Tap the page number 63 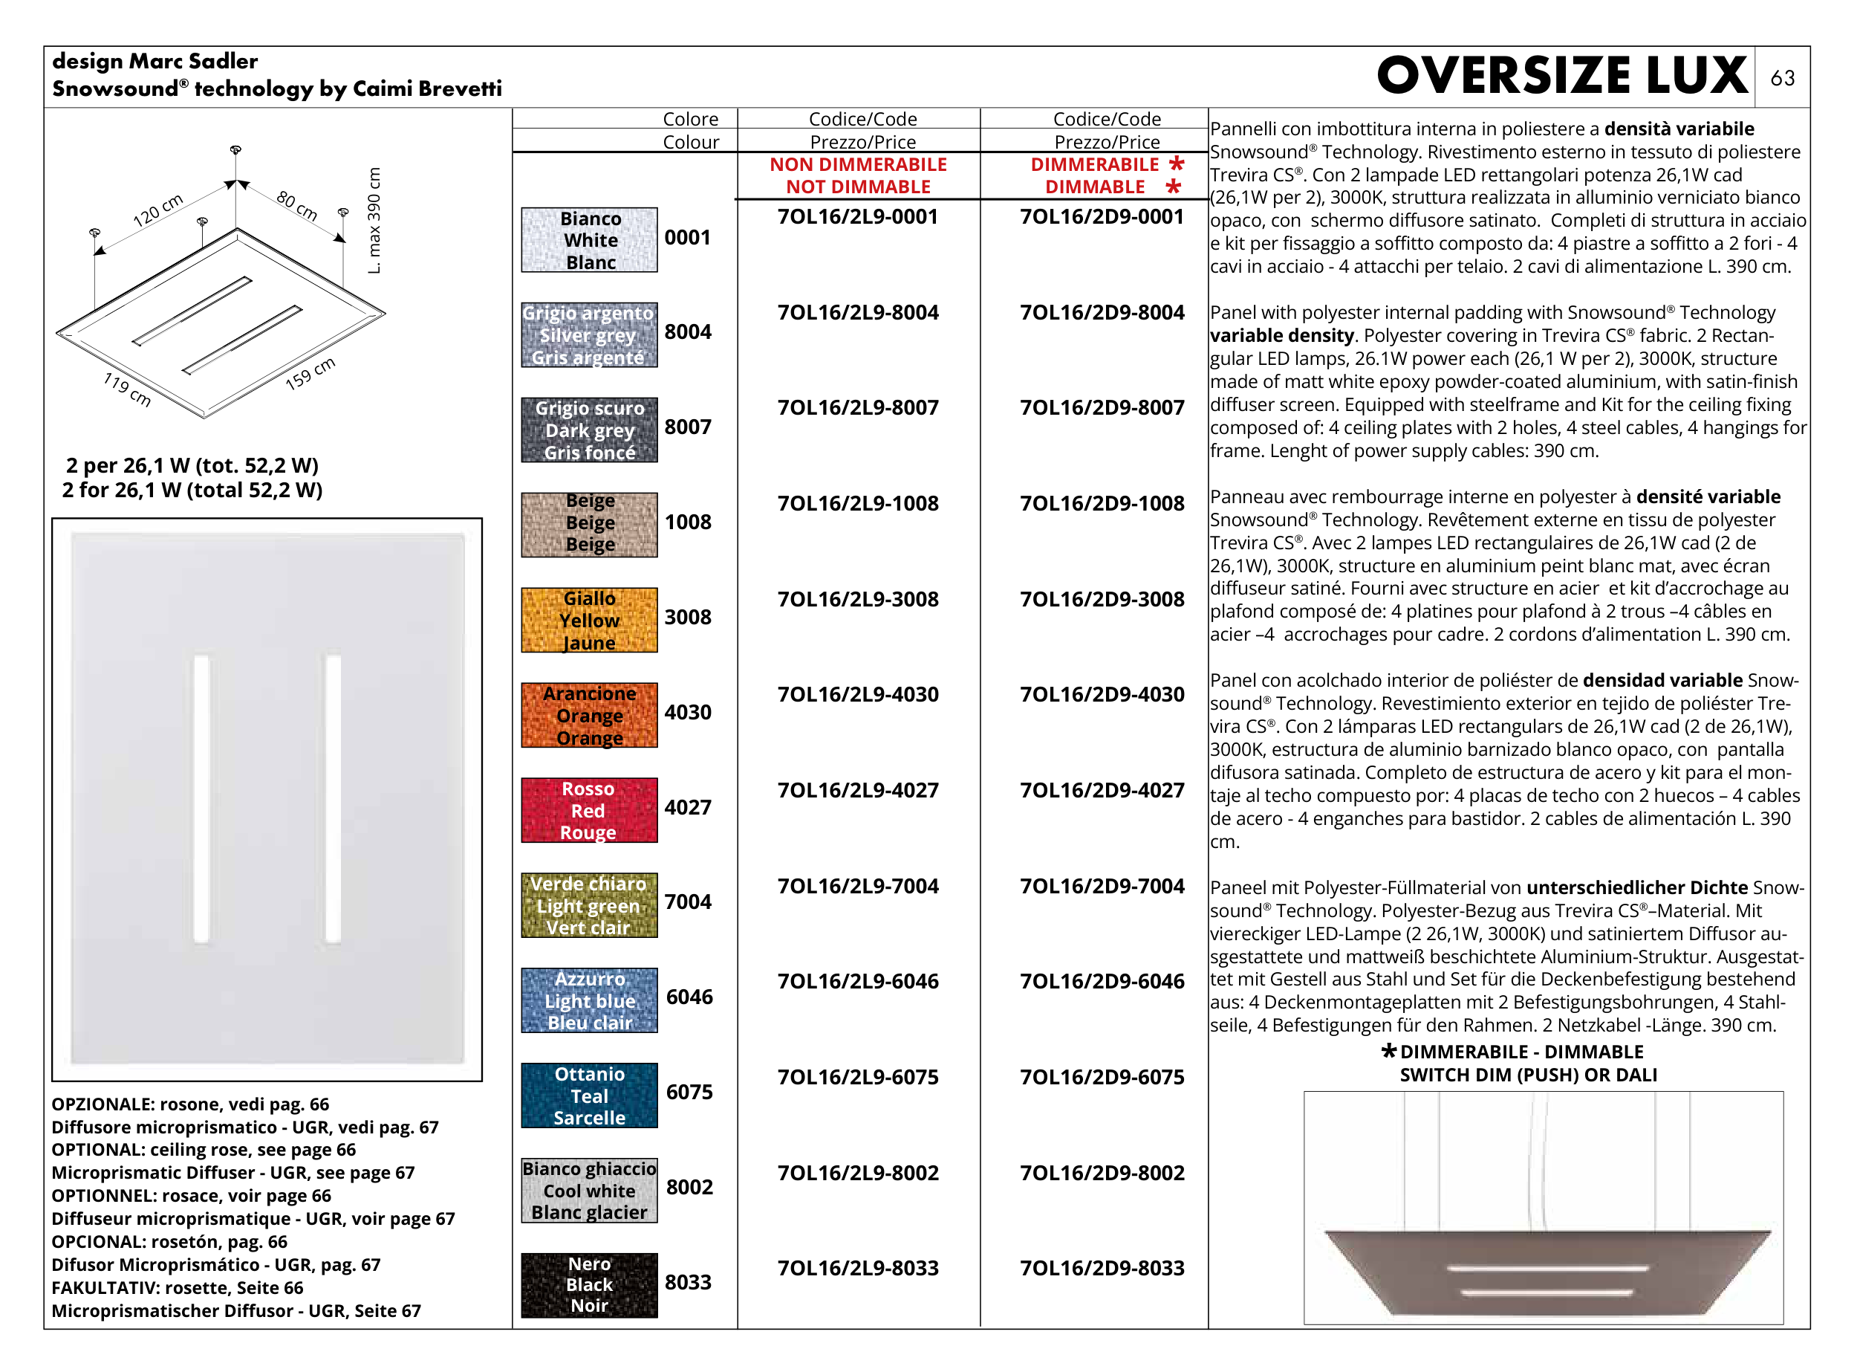coord(1782,78)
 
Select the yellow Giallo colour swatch coord(589,620)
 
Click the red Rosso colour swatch coord(589,809)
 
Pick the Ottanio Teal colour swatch coord(589,1095)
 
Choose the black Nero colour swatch coord(589,1284)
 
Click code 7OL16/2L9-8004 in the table coord(857,312)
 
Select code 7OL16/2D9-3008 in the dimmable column coord(1102,599)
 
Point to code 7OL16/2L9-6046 coord(857,981)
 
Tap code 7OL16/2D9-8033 coord(1102,1268)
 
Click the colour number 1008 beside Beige coord(688,522)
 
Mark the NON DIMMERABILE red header coord(858,165)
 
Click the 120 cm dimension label coord(158,211)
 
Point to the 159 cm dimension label coord(310,374)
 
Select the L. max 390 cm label coord(374,221)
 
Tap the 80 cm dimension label coord(297,206)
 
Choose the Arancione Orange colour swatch coord(589,715)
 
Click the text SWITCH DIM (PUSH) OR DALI coord(1528,1075)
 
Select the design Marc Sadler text coord(155,62)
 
